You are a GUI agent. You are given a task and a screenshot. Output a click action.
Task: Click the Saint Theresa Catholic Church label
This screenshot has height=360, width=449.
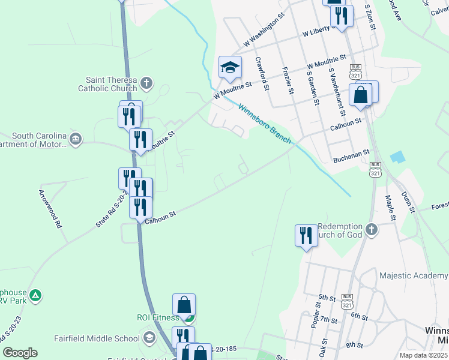click(x=112, y=84)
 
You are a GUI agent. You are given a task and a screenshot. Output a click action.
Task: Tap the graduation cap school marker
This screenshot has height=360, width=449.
click(x=230, y=68)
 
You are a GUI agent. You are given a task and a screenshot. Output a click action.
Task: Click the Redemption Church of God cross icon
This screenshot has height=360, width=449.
click(x=372, y=229)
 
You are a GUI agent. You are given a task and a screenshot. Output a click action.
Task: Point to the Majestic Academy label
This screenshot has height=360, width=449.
click(x=414, y=275)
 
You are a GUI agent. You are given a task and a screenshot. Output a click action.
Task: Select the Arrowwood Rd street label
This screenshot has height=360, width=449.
click(x=50, y=209)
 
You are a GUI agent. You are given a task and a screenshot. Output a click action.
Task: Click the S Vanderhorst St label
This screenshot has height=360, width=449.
click(x=337, y=91)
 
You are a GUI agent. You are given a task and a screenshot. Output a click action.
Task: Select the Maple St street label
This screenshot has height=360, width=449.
click(x=390, y=206)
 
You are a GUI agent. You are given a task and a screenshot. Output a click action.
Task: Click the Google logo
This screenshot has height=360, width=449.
click(x=20, y=353)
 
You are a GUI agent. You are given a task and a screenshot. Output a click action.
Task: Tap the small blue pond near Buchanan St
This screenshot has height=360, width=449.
click(x=396, y=157)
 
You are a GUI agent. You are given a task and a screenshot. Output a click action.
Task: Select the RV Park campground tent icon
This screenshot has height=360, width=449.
click(x=35, y=295)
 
